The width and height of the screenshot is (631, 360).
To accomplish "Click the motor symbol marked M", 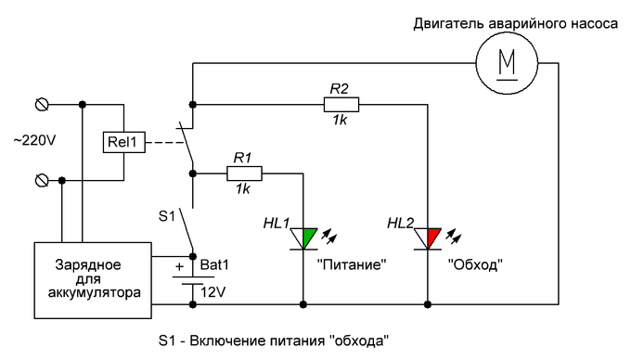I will tap(506, 63).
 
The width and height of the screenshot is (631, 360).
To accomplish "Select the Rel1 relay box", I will tap(121, 142).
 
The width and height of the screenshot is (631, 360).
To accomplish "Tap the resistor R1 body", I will tap(244, 172).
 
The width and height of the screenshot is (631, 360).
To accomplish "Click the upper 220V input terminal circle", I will tap(40, 101).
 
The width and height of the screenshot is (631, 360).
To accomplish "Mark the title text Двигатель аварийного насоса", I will tap(515, 23).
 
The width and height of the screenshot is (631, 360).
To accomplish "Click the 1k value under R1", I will tap(243, 189).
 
